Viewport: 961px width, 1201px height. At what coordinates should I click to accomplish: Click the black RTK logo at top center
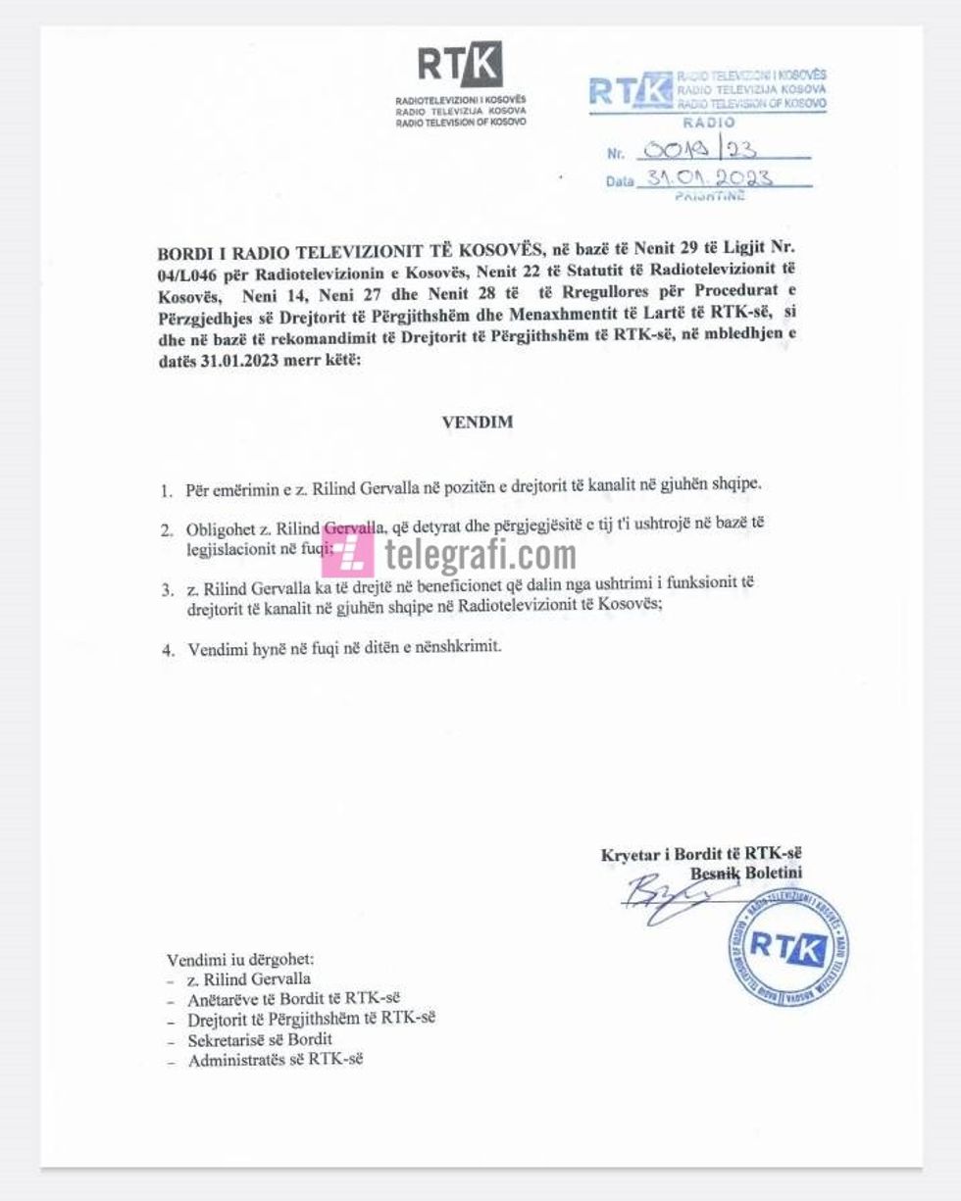coord(460,65)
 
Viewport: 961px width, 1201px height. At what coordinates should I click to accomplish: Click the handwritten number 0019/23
coord(699,150)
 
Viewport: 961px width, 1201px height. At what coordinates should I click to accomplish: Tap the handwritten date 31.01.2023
coord(706,178)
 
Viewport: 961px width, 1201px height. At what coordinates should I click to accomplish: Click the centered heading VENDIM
coord(478,423)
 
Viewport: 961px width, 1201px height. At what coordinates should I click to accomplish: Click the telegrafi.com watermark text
coord(480,555)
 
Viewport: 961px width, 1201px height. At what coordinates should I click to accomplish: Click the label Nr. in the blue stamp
coord(616,153)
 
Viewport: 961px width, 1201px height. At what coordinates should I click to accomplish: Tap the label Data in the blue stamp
coord(620,181)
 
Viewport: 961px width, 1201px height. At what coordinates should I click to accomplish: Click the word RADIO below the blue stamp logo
coord(708,123)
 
